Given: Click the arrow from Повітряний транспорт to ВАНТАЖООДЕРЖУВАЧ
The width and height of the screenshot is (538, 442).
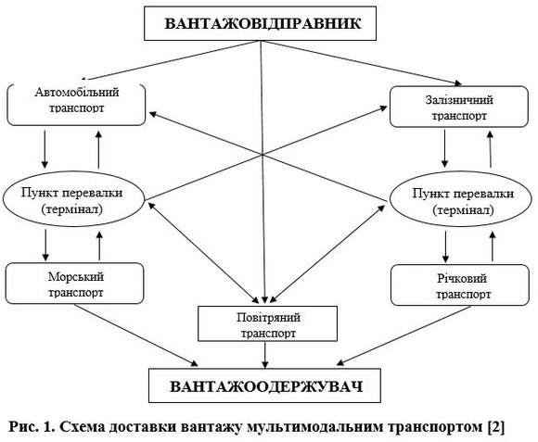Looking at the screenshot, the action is tap(265, 355).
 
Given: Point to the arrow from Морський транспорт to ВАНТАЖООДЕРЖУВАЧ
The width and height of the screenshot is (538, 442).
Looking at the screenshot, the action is tap(135, 335).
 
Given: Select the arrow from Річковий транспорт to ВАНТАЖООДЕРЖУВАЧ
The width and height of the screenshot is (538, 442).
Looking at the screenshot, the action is tap(404, 335).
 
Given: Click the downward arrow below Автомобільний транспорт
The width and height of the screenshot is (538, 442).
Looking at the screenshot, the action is tap(45, 148).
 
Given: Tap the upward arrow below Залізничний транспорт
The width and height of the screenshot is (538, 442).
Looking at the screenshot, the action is tap(491, 149).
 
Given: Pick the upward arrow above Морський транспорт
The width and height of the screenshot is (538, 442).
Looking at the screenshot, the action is tap(99, 246).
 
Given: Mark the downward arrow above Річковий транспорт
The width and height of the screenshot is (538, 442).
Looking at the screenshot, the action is tap(445, 246).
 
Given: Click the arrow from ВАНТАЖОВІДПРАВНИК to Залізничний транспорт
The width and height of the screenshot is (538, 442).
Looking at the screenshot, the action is tap(361, 63).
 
